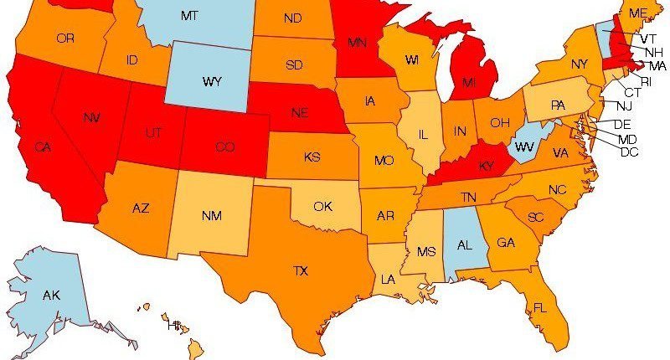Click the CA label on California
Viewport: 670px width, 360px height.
pyautogui.click(x=44, y=147)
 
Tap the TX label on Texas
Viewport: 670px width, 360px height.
pyautogui.click(x=300, y=270)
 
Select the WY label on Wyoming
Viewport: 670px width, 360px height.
pyautogui.click(x=211, y=82)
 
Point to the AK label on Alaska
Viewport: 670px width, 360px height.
pyautogui.click(x=51, y=295)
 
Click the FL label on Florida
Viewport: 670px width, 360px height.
pyautogui.click(x=539, y=308)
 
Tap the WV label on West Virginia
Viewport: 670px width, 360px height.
pyautogui.click(x=524, y=147)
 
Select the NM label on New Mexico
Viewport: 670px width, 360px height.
pyautogui.click(x=212, y=215)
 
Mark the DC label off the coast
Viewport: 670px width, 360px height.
pyautogui.click(x=630, y=152)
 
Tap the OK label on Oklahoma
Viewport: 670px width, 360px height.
pyautogui.click(x=323, y=206)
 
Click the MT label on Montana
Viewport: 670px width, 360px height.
pyautogui.click(x=189, y=16)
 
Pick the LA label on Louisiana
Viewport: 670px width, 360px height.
pyautogui.click(x=388, y=278)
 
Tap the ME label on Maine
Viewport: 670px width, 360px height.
pyautogui.click(x=637, y=13)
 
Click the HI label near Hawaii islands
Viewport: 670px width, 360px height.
pyautogui.click(x=175, y=325)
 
